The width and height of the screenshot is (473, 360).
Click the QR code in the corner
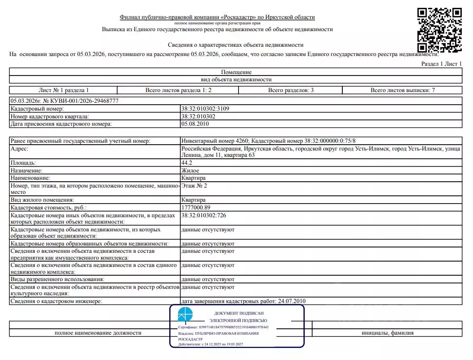[x=440, y=30]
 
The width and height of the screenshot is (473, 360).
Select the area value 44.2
[x=187, y=162]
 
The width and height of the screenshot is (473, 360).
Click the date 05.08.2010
[x=195, y=124]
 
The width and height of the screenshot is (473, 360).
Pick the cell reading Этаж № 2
[x=194, y=186]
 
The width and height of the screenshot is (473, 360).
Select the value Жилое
[x=190, y=171]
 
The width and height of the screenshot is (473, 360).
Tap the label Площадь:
[x=23, y=162]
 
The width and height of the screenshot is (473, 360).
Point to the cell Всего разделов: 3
[x=291, y=90]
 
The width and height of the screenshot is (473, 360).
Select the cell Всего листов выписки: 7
[x=402, y=90]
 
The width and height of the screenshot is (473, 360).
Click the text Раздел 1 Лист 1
[x=441, y=64]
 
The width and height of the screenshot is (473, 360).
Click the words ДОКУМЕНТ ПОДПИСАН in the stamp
[x=238, y=313]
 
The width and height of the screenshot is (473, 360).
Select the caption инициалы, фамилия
[x=387, y=333]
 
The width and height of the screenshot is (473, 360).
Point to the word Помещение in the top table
[x=236, y=72]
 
